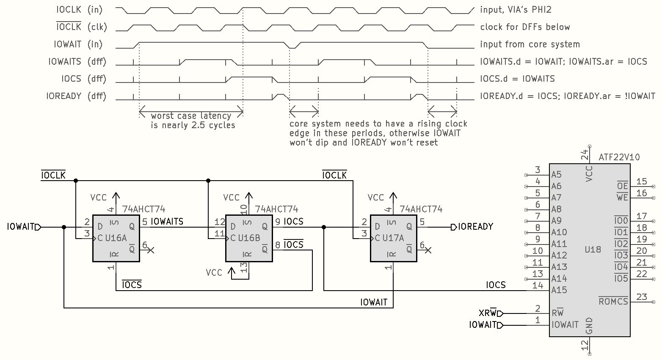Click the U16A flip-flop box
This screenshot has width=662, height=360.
pyautogui.click(x=116, y=238)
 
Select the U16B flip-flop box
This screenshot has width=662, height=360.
pyautogui.click(x=249, y=238)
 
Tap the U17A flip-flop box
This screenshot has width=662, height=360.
pyautogui.click(x=393, y=238)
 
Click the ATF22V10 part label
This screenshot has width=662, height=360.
pyautogui.click(x=619, y=157)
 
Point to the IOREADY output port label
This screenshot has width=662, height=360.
pyautogui.click(x=475, y=227)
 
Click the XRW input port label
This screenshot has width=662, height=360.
pyautogui.click(x=488, y=313)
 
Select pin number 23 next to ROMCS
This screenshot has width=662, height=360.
pyautogui.click(x=642, y=297)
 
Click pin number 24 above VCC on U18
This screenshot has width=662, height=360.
pyautogui.click(x=585, y=155)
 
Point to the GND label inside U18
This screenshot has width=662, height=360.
pyautogui.click(x=589, y=326)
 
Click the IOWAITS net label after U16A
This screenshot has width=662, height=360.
pyautogui.click(x=167, y=221)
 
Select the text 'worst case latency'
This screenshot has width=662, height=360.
pyautogui.click(x=191, y=115)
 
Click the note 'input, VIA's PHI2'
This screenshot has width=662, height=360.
pyautogui.click(x=516, y=10)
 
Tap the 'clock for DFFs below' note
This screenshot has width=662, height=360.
pyautogui.click(x=525, y=27)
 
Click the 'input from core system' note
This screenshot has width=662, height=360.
pyautogui.click(x=530, y=44)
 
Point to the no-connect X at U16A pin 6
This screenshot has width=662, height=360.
pyautogui.click(x=150, y=250)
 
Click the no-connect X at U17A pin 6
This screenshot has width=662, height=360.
pyautogui.click(x=428, y=250)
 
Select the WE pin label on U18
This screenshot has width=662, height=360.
pyautogui.click(x=622, y=198)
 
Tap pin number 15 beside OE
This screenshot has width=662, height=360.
pyautogui.click(x=642, y=181)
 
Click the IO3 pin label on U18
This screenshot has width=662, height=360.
pyautogui.click(x=621, y=256)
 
